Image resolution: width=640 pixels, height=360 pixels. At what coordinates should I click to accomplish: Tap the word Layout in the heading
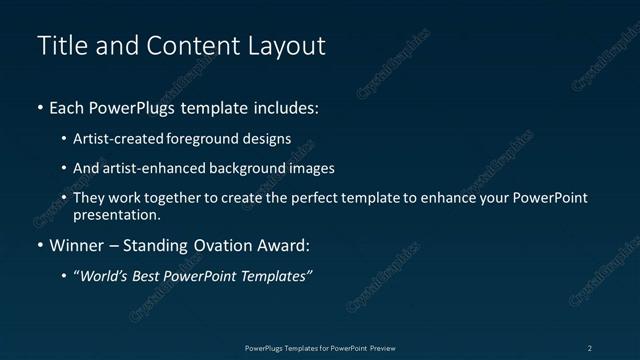283,46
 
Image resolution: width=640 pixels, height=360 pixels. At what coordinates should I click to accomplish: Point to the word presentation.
115,214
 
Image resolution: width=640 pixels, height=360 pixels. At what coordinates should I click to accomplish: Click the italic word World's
102,276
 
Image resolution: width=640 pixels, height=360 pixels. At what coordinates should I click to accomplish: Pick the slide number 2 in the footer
590,347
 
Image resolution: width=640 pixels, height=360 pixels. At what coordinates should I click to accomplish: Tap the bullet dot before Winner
40,245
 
